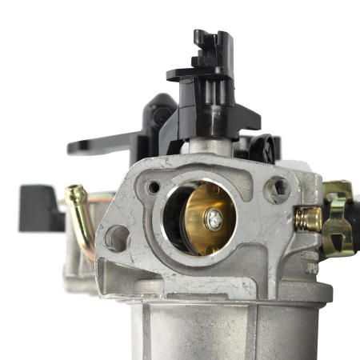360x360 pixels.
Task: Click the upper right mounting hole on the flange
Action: coord(277,190)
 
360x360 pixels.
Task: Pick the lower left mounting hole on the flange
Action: coord(117,238)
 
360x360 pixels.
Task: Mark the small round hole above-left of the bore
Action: coord(153,187)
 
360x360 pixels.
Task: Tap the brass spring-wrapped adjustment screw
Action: coord(308,218)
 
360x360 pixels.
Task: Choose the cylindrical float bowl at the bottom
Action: coord(212,328)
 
